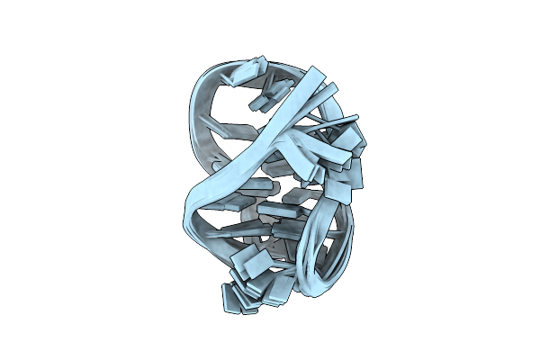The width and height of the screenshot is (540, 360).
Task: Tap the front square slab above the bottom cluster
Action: tap(248, 264)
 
